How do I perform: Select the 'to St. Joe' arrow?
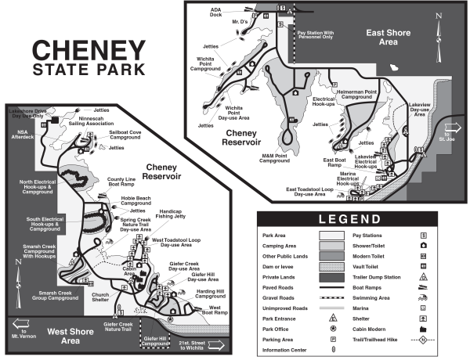(x=452, y=130)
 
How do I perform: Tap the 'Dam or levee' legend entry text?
(x=280, y=265)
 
